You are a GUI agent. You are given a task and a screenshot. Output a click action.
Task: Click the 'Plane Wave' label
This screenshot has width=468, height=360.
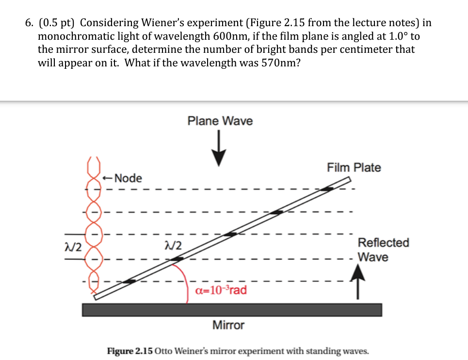[220, 121]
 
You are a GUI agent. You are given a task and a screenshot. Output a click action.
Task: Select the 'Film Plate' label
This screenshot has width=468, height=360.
[354, 168]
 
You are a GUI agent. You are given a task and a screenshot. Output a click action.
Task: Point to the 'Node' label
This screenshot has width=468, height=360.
[129, 178]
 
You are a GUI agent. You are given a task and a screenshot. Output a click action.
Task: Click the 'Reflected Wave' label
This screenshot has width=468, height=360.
[383, 250]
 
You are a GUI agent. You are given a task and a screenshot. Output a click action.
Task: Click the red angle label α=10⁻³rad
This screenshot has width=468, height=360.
[220, 290]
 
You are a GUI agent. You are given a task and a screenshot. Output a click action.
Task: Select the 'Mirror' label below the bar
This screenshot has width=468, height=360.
[228, 325]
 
